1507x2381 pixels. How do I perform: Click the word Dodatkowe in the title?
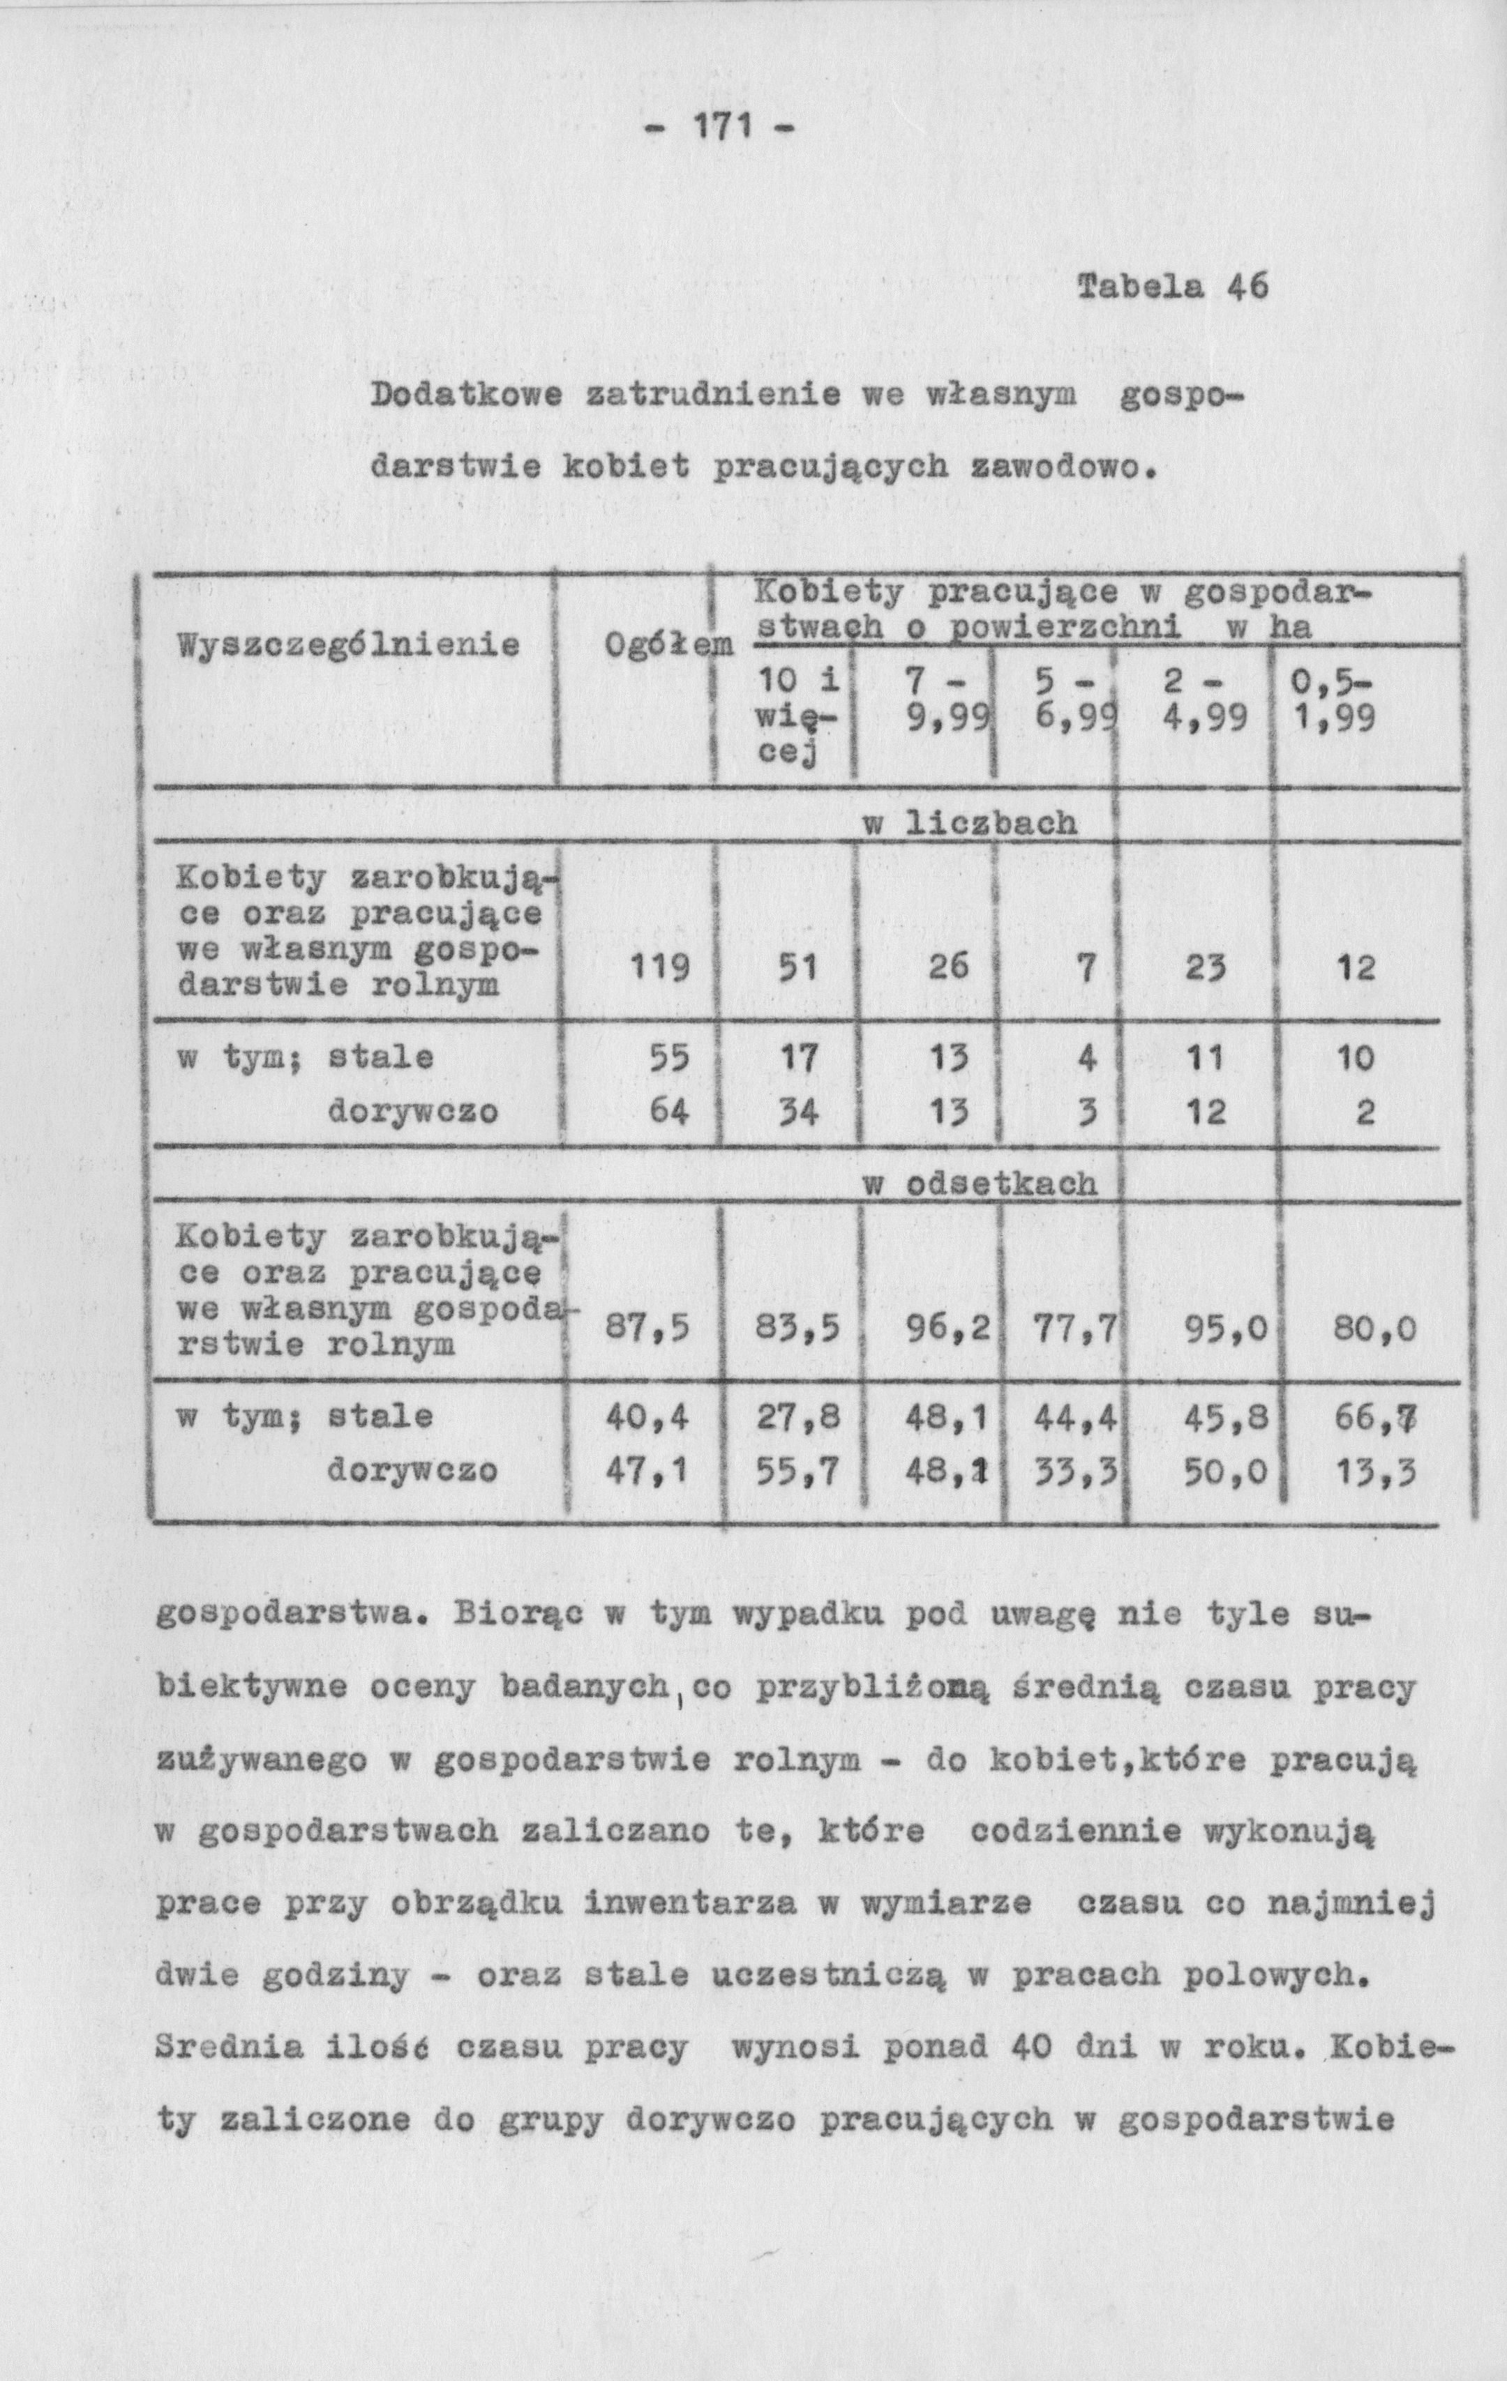click(466, 397)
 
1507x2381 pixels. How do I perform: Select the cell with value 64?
click(670, 1112)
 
